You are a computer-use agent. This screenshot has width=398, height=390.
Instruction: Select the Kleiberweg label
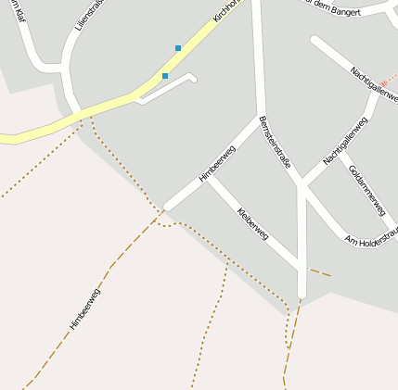(252, 224)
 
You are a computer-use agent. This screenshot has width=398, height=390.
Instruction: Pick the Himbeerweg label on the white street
(217, 163)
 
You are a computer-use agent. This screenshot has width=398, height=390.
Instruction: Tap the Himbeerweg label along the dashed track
(84, 308)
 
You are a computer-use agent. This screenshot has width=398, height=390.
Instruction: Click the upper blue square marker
(178, 48)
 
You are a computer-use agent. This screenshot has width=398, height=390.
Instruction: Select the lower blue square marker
(165, 76)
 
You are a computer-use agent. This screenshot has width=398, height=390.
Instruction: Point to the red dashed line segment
(388, 82)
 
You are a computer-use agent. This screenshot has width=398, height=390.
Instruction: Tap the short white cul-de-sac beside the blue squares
(172, 86)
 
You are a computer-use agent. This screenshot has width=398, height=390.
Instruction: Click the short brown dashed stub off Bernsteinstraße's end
(319, 272)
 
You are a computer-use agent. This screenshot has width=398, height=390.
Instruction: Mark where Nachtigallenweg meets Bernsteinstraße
(302, 186)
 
